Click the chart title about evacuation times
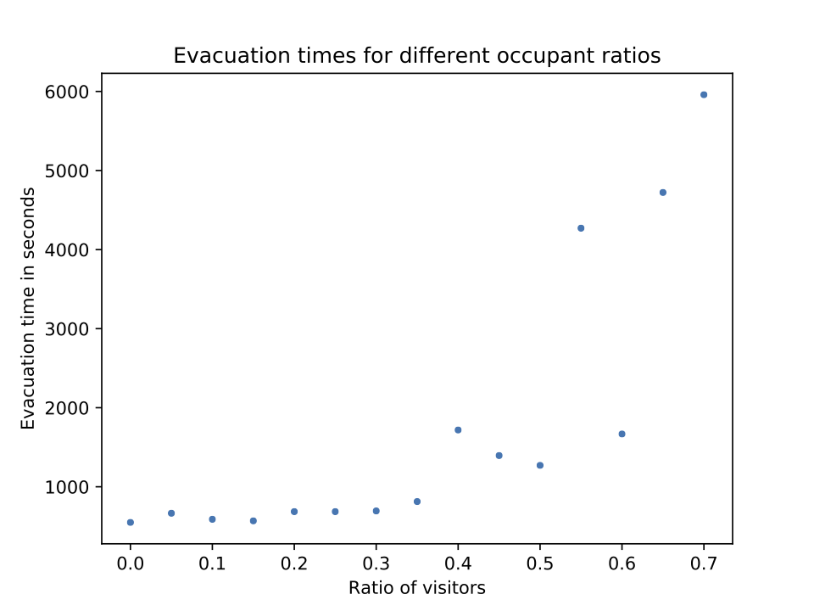[x=416, y=56]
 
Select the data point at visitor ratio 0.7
[x=704, y=94]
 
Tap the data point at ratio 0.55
[x=581, y=228]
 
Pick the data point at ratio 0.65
[x=663, y=193]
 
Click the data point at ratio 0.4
[x=458, y=430]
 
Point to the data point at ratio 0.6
[x=622, y=434]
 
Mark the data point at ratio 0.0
[x=130, y=523]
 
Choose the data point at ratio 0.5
[x=540, y=465]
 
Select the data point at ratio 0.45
[x=499, y=456]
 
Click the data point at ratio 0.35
[x=417, y=502]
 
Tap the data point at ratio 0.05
[x=171, y=513]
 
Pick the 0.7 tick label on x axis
[x=704, y=563]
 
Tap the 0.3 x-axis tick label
[x=376, y=563]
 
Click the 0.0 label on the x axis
[x=130, y=563]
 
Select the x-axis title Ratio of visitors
[x=416, y=587]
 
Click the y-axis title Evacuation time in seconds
[x=29, y=308]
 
